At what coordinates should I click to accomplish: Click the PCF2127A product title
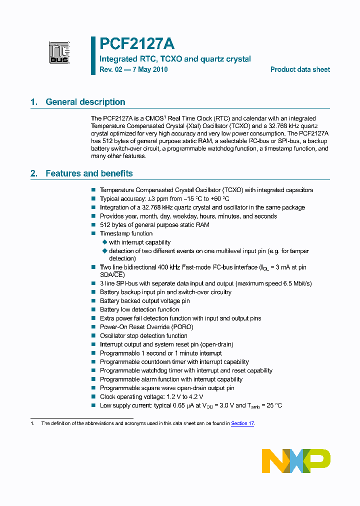click(x=136, y=44)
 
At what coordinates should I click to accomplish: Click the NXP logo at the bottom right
click(x=296, y=460)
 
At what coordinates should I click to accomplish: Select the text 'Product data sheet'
click(x=300, y=69)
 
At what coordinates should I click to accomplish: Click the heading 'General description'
click(x=85, y=102)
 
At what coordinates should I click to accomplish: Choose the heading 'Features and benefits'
click(x=89, y=173)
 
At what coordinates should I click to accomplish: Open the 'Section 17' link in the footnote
click(x=242, y=423)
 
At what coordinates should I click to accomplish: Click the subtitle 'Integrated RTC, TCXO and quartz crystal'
click(x=175, y=59)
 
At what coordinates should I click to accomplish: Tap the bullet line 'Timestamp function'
click(x=126, y=233)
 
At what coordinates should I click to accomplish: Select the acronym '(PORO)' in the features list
click(x=182, y=327)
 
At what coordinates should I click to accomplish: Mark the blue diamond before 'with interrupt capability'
click(x=104, y=242)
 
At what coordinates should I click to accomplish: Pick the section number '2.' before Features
click(x=34, y=173)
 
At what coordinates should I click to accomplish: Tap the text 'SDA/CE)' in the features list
click(x=112, y=274)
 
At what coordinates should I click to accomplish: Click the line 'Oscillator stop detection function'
click(x=143, y=336)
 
